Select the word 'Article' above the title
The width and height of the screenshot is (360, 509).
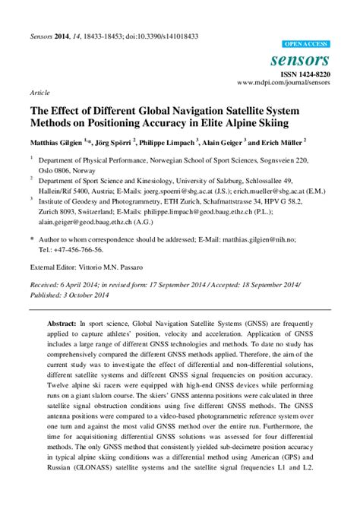(40, 92)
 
